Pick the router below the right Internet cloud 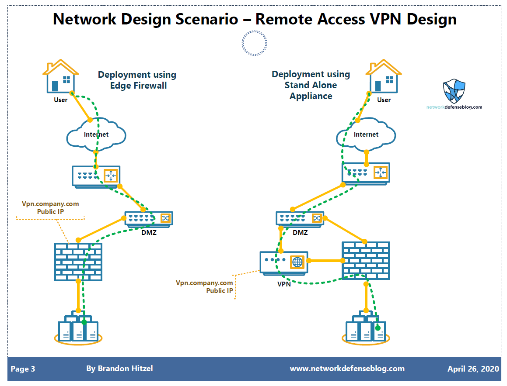(366, 172)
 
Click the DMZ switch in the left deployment (149, 218)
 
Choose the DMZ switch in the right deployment (300, 218)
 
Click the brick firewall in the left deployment (78, 261)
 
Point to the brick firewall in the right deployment (366, 261)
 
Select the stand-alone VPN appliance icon (284, 262)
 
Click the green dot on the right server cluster (378, 327)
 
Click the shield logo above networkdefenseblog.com (454, 90)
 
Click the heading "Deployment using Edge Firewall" (137, 80)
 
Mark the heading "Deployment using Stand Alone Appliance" (311, 85)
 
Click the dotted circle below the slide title (254, 43)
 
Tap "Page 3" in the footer (23, 369)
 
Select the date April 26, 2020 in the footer (473, 369)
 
